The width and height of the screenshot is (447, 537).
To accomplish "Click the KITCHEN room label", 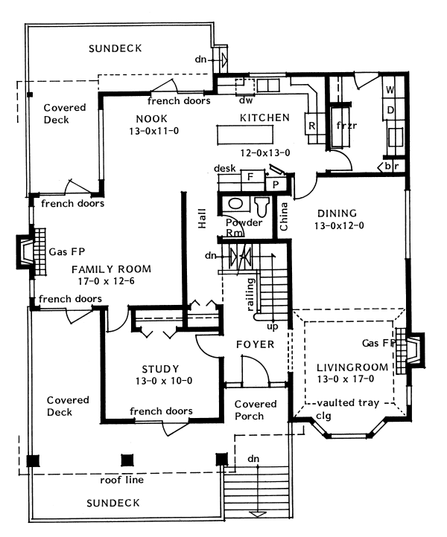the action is click(x=264, y=118).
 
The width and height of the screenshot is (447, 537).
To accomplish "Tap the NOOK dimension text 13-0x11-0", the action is click(x=154, y=131).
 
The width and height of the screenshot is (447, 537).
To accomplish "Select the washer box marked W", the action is click(x=390, y=90).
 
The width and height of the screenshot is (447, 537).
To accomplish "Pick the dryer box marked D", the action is click(x=390, y=110).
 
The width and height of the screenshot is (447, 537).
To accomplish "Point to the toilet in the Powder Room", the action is click(x=262, y=206).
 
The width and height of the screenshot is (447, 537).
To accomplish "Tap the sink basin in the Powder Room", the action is click(x=235, y=204).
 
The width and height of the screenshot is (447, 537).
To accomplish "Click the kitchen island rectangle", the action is click(x=245, y=135).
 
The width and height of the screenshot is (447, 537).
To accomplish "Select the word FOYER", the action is click(x=256, y=344).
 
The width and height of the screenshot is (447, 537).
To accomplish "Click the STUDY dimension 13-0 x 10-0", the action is click(x=164, y=381).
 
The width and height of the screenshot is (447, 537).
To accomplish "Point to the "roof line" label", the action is click(x=121, y=480).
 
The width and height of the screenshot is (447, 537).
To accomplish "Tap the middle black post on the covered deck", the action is click(x=127, y=460).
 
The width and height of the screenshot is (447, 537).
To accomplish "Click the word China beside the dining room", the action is click(x=283, y=216).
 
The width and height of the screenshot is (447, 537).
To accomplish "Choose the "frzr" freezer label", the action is click(x=346, y=126).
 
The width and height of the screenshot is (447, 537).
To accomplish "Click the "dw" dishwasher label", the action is click(x=246, y=100).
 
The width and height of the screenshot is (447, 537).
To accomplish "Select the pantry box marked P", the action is click(x=276, y=185).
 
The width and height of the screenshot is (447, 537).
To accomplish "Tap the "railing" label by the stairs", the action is click(x=251, y=295).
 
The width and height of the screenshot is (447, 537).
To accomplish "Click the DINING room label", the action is click(x=337, y=213).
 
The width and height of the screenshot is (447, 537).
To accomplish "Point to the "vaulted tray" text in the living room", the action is click(x=348, y=402).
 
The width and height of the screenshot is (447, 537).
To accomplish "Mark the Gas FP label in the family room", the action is click(x=66, y=251).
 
